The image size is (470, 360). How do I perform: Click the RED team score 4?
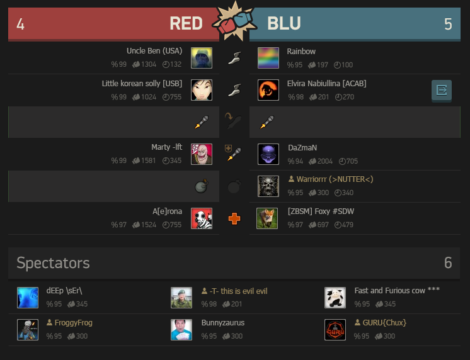[x=21, y=24]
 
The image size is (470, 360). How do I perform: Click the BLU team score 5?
[x=448, y=24]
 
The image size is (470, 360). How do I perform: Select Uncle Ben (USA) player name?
[x=154, y=51]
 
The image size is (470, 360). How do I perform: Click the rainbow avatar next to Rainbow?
[x=268, y=58]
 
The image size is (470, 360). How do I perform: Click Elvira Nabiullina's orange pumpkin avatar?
[x=268, y=90]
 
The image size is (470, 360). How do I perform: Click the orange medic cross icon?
[x=234, y=219]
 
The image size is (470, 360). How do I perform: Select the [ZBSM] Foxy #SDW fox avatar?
[x=268, y=218]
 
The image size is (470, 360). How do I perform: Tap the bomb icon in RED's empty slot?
[x=201, y=186]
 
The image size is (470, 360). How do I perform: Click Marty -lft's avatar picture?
[x=202, y=154]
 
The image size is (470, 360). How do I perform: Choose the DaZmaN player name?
[x=303, y=147]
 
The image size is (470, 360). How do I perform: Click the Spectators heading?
[x=54, y=262]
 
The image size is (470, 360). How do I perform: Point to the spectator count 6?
[x=448, y=262]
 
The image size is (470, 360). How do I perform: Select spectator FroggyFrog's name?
[x=73, y=323]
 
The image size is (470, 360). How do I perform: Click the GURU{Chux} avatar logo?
[x=335, y=329]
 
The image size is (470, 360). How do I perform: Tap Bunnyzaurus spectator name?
[x=223, y=323]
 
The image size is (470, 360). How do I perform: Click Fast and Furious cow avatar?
[x=335, y=297]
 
